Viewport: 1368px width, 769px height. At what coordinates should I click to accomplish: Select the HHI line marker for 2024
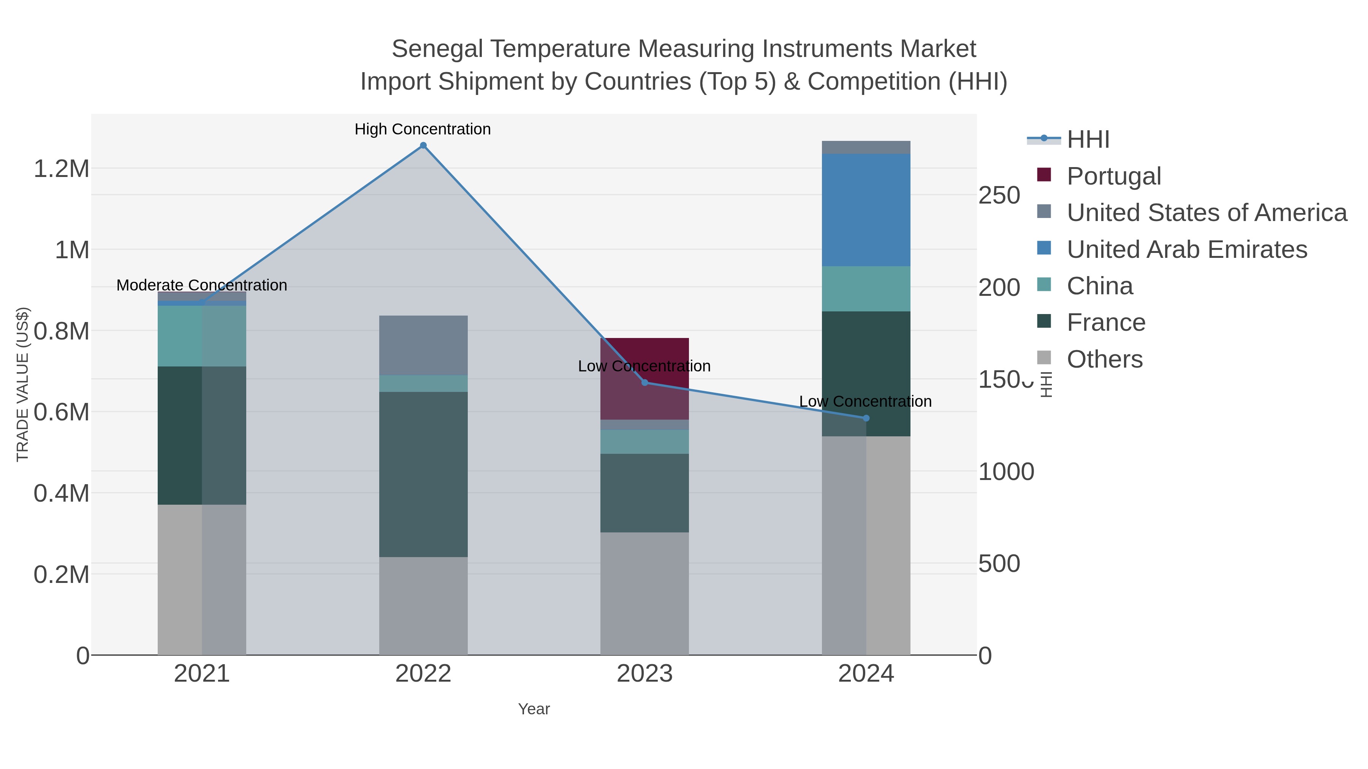[x=866, y=418]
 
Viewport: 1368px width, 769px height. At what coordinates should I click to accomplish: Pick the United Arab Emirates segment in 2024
[x=866, y=210]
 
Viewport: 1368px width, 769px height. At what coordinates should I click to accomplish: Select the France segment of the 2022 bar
[x=423, y=474]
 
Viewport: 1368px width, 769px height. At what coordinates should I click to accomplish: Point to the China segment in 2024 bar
[x=866, y=289]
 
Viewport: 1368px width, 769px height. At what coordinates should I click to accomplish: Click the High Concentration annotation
[x=423, y=129]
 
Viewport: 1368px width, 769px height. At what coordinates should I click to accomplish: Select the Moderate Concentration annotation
[x=202, y=285]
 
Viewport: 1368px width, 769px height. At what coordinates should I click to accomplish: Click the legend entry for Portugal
[x=1114, y=176]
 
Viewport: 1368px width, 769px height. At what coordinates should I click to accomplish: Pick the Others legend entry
[x=1105, y=359]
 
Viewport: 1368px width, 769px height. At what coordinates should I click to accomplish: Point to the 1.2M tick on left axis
[x=62, y=169]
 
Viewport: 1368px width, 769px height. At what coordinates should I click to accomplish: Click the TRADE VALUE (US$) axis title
[x=22, y=384]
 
